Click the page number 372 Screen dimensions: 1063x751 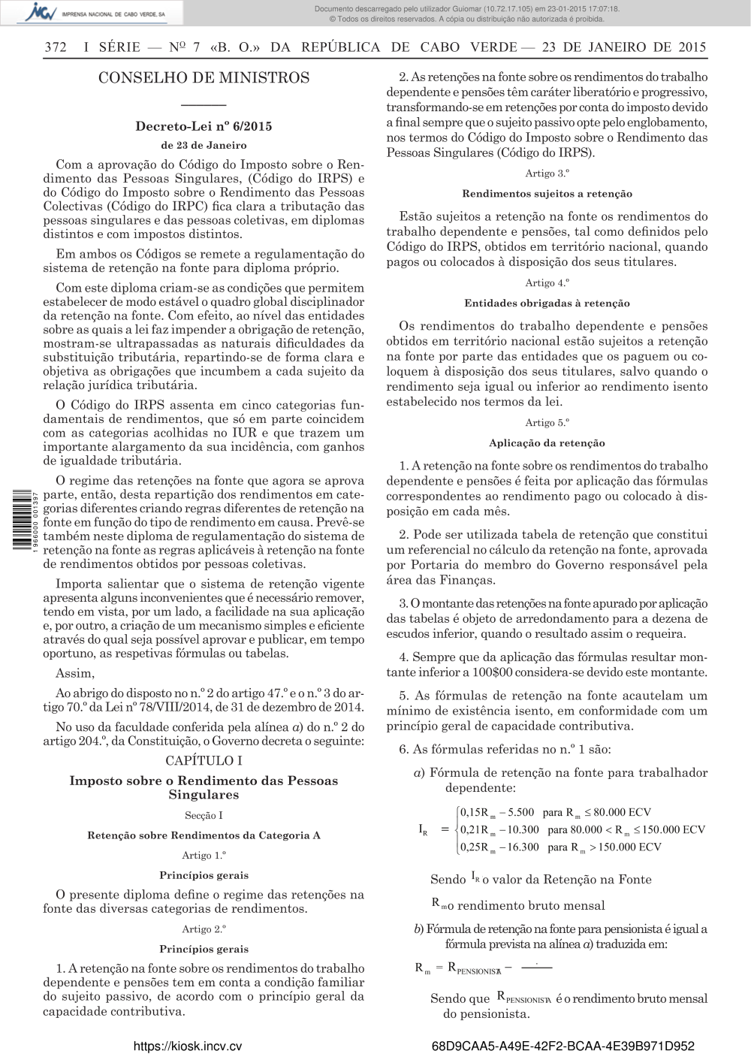click(x=56, y=47)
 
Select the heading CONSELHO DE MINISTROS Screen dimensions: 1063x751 click(x=204, y=78)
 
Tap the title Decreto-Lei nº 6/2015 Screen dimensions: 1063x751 click(x=204, y=126)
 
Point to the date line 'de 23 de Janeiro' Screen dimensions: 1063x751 click(x=204, y=145)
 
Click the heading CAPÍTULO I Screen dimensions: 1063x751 click(x=204, y=760)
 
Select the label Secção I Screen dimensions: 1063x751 click(x=204, y=815)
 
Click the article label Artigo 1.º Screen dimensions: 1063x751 click(x=204, y=855)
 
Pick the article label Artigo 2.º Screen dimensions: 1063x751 click(x=204, y=929)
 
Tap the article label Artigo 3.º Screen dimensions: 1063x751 click(x=547, y=174)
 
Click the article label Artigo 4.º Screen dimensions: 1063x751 click(x=547, y=283)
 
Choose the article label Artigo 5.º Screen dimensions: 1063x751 click(x=547, y=423)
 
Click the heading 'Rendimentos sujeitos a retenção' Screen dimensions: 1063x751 click(x=547, y=194)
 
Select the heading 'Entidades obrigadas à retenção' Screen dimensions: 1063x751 click(x=547, y=303)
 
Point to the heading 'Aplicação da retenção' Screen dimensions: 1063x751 click(x=547, y=443)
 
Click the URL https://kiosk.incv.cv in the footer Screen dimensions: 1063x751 click(x=188, y=1046)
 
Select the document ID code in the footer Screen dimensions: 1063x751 click(x=563, y=1046)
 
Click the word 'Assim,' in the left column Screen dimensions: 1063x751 click(x=75, y=673)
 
